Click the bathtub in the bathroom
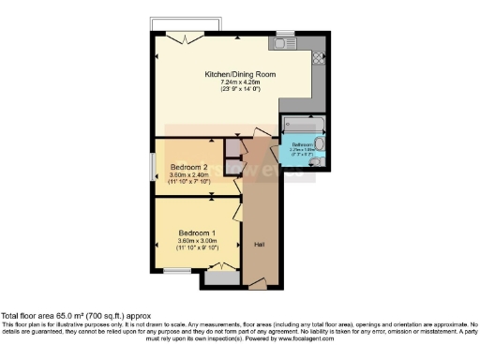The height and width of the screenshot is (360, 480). coord(303,125)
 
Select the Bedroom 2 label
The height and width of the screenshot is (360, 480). coord(189,167)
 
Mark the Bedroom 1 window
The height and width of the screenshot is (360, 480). coord(177,270)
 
